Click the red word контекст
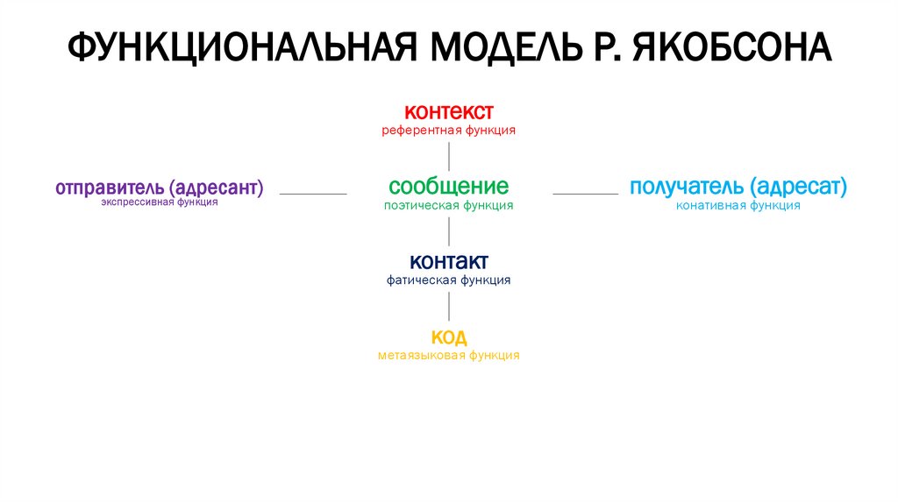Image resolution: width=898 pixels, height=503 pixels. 448,112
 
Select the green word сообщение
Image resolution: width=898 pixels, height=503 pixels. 448,187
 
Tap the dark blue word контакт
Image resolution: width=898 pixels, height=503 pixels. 448,262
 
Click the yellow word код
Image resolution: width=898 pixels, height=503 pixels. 448,337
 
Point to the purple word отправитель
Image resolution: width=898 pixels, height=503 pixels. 110,188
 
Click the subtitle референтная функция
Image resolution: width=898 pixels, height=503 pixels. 448,131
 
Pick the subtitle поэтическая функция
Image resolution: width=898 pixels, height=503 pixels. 448,205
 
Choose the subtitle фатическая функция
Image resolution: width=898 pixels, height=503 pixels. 448,280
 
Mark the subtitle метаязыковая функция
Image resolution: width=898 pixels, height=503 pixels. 448,356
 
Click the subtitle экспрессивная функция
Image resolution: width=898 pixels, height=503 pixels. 159,202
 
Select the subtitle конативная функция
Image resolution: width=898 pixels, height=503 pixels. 738,205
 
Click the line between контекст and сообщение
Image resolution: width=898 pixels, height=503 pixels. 449,156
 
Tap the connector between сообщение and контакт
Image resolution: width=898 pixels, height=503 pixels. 449,231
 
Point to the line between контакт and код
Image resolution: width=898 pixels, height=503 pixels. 449,306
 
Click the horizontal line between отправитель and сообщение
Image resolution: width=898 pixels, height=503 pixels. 313,194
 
